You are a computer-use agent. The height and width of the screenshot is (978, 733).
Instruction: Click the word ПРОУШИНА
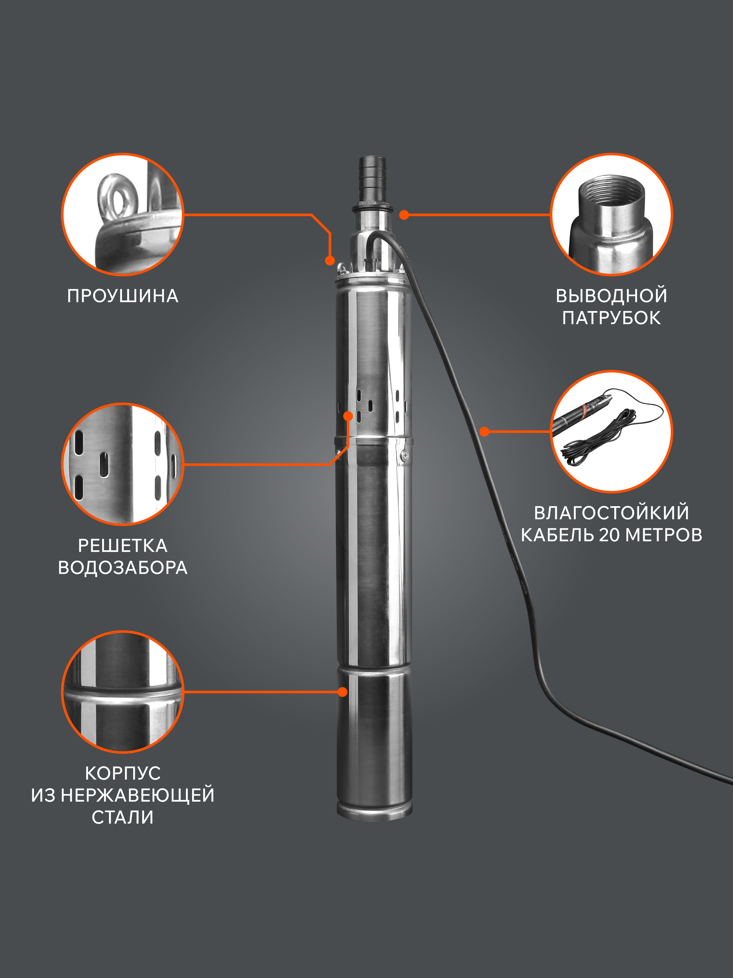(123, 296)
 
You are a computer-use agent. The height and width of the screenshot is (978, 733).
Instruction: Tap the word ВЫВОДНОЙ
(611, 296)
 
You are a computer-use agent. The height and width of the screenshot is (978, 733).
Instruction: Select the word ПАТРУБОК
(611, 318)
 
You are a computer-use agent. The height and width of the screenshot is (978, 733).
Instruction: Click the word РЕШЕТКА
(123, 546)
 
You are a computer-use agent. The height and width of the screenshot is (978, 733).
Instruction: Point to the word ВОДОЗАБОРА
(123, 568)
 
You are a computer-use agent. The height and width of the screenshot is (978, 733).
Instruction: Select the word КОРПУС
(123, 773)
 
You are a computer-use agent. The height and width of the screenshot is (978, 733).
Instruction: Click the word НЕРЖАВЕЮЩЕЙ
(137, 795)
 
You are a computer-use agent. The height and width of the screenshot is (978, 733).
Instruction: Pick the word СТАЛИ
(123, 817)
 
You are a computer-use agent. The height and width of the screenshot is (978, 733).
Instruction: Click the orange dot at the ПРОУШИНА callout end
(330, 261)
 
